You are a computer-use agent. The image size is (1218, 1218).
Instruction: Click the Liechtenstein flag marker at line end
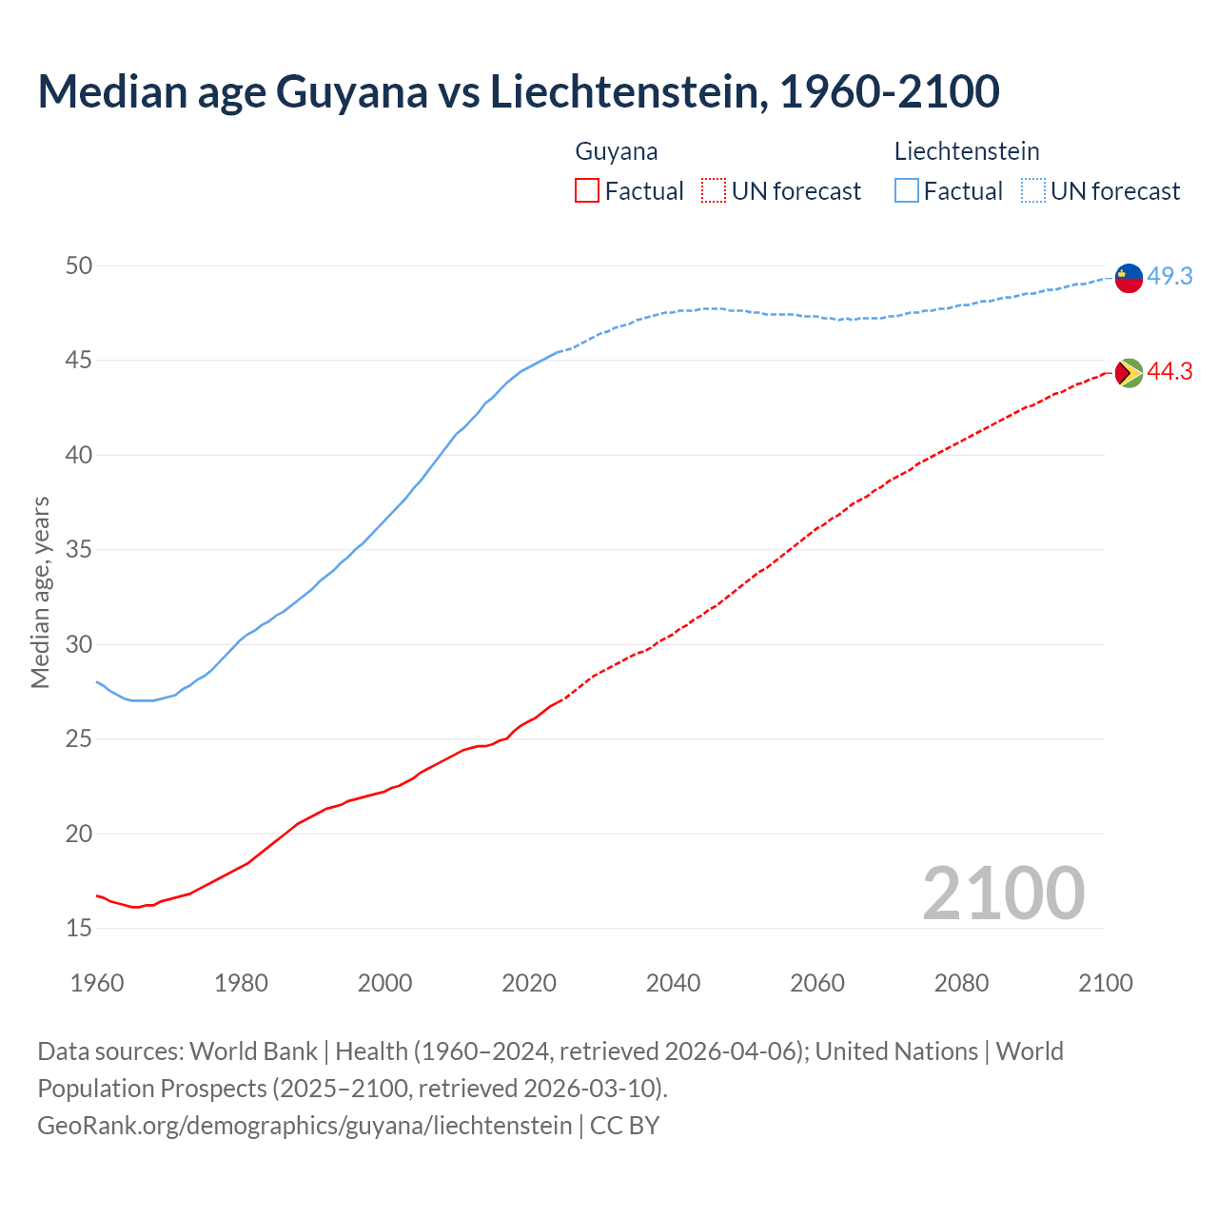[x=1129, y=278]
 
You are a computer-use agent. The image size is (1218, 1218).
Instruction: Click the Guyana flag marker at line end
[x=1129, y=373]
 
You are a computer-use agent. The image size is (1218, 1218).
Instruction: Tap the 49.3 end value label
[x=1169, y=277]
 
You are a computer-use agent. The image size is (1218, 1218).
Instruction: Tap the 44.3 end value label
[x=1169, y=372]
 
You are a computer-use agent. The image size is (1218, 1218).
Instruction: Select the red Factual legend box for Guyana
[x=587, y=191]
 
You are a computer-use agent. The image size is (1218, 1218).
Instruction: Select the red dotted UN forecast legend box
[x=714, y=191]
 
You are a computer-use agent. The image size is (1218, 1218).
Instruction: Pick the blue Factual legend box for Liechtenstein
[x=907, y=191]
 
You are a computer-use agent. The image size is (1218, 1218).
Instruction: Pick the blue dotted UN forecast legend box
[x=1032, y=191]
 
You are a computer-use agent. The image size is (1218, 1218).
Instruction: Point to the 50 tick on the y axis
[x=79, y=265]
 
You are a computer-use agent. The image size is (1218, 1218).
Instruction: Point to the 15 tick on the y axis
[x=79, y=928]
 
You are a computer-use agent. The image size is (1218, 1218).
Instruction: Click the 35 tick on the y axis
[x=79, y=550]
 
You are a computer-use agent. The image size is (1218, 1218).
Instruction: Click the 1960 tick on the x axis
[x=97, y=983]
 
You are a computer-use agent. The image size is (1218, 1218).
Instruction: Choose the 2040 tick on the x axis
[x=673, y=983]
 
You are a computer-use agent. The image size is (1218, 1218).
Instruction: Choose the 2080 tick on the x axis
[x=961, y=983]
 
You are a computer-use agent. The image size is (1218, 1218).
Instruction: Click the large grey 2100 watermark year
[x=1004, y=893]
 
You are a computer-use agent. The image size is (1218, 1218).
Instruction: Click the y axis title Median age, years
[x=40, y=592]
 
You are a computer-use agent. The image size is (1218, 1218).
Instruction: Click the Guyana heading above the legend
[x=617, y=151]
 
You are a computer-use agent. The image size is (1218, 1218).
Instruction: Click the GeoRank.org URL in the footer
[x=304, y=1126]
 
